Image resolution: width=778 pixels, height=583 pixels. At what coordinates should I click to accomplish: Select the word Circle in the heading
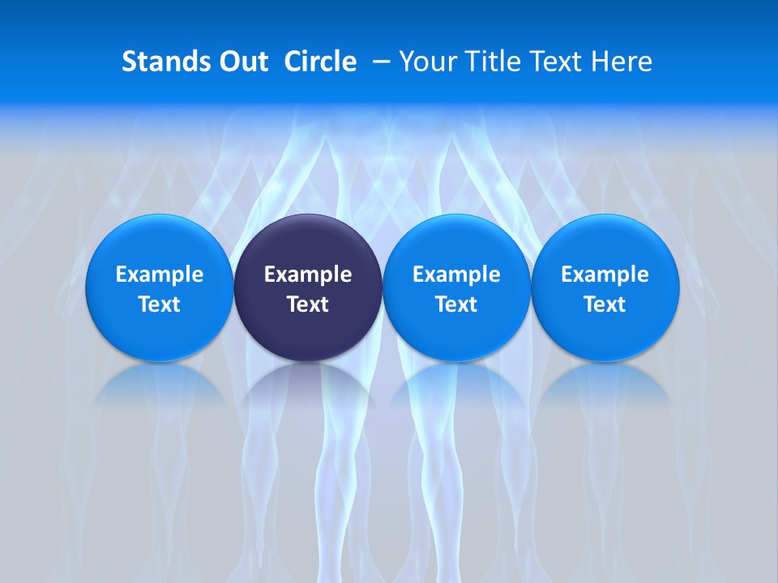click(x=320, y=62)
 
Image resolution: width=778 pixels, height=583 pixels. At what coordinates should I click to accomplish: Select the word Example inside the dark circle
click(x=308, y=274)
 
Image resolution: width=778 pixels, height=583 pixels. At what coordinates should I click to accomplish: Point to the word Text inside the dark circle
click(x=308, y=304)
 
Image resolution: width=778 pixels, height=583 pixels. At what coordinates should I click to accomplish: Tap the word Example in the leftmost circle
click(x=159, y=274)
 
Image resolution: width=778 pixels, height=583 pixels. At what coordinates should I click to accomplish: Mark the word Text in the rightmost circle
click(x=605, y=304)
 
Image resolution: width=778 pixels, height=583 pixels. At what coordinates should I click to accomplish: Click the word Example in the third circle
click(x=456, y=274)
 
